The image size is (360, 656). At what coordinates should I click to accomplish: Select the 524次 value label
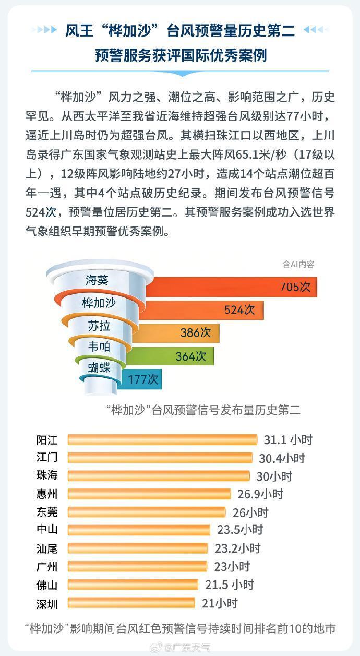pos(239,309)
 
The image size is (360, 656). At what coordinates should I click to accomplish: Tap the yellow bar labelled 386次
pos(177,333)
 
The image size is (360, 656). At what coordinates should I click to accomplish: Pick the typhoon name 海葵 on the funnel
pos(97,280)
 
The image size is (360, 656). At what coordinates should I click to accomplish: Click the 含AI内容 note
pos(298,264)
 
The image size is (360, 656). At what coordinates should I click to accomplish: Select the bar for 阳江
pos(162,439)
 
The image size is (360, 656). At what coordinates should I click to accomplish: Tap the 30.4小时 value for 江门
pos(282,458)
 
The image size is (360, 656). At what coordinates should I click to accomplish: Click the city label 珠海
pos(47,476)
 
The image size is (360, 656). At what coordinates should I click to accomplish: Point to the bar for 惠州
pos(149,494)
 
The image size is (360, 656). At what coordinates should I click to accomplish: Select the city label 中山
pos(47,530)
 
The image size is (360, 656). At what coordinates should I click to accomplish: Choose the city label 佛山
pos(47,585)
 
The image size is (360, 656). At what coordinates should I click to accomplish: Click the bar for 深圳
pos(131,603)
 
